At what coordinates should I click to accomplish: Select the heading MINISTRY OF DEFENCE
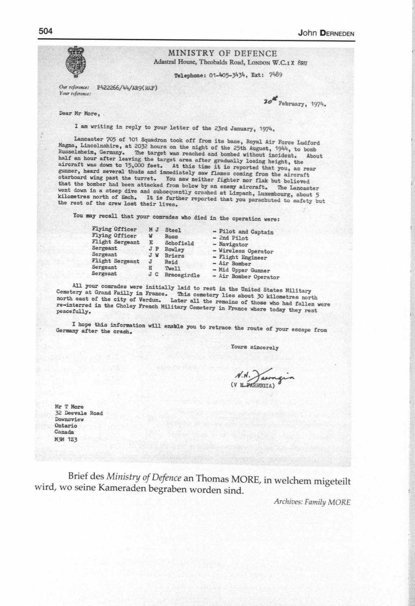pyautogui.click(x=222, y=53)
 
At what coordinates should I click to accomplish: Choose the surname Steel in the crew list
pyautogui.click(x=173, y=230)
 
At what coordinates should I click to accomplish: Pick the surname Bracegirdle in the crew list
pyautogui.click(x=182, y=275)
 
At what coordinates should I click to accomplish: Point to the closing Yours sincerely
pyautogui.click(x=255, y=348)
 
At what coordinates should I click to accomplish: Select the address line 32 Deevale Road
pyautogui.click(x=79, y=413)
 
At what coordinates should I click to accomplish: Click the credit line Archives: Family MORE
pyautogui.click(x=312, y=502)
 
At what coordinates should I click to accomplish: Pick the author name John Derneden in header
pyautogui.click(x=326, y=33)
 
